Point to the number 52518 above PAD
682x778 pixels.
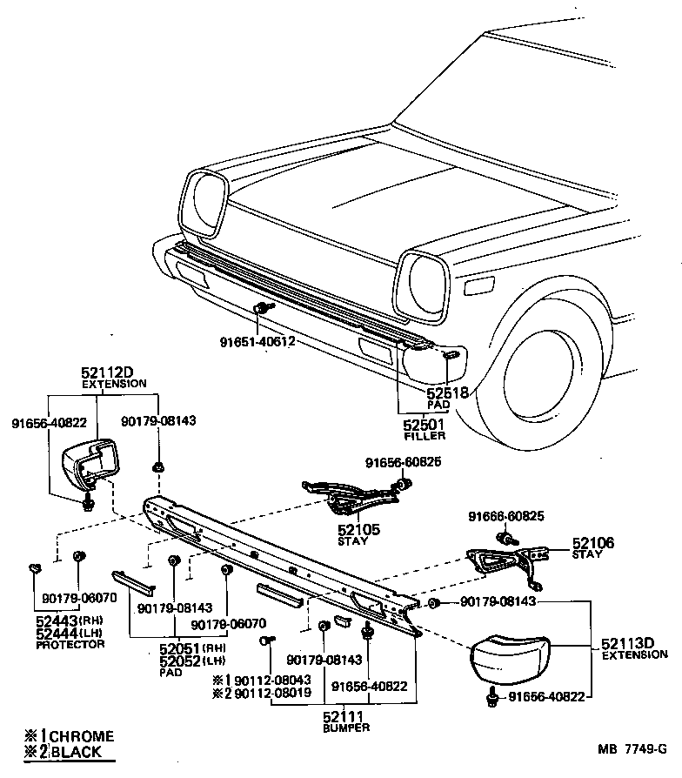coord(447,393)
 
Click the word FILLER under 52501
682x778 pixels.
coord(424,436)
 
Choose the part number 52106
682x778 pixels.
coord(592,542)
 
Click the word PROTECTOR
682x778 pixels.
coord(70,644)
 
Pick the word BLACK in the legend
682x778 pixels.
coord(77,752)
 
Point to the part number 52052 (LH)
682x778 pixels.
coord(181,661)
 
